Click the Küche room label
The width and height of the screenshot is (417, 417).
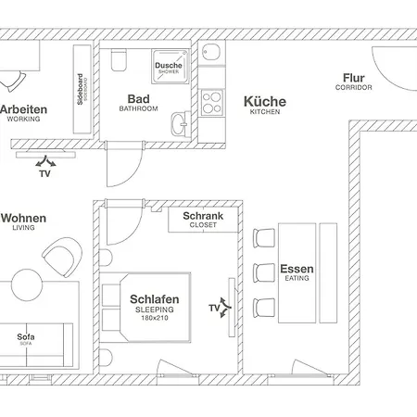tap(264, 103)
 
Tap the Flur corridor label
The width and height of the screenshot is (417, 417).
tap(353, 80)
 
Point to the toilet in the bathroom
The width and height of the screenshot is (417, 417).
tap(119, 61)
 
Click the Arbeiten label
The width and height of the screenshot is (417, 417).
tap(24, 109)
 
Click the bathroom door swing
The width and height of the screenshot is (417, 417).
tap(126, 168)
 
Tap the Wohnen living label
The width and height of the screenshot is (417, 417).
tap(23, 219)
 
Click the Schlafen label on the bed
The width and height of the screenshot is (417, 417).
tap(155, 300)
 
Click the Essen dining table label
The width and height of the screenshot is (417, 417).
tap(297, 271)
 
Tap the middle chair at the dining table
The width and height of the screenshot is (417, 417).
tap(264, 271)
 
